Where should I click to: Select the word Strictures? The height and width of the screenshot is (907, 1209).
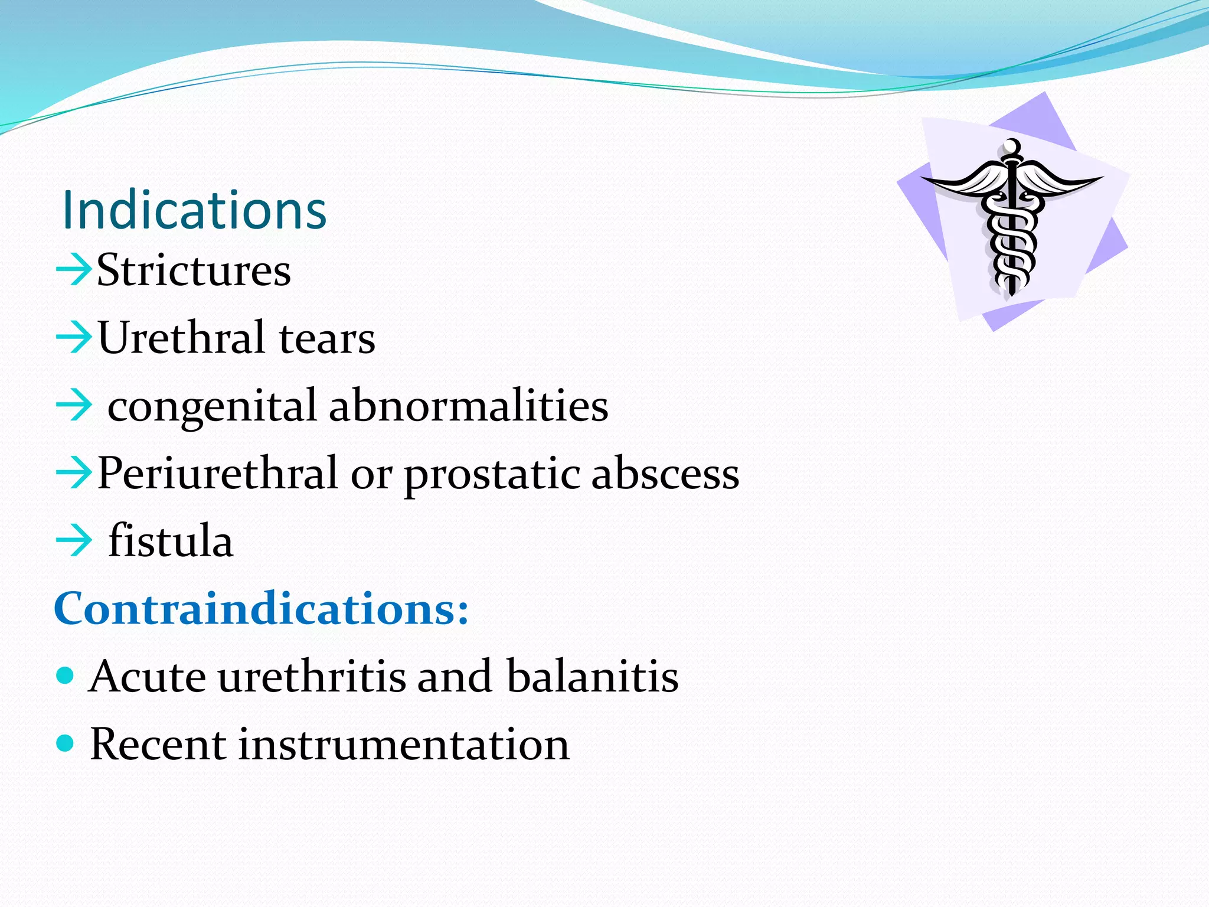194,270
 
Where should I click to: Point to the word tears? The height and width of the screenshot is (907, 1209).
327,339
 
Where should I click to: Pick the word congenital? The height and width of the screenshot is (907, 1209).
213,406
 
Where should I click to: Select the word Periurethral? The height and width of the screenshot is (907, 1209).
217,474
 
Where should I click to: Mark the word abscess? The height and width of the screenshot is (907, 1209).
665,474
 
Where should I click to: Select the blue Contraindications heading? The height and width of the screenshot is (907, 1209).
261,608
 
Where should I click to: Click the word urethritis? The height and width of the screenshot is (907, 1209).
312,676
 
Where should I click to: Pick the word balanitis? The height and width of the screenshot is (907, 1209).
592,676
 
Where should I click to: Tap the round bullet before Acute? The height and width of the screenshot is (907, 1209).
65,674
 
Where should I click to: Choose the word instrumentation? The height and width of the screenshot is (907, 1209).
404,744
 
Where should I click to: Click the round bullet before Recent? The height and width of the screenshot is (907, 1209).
65,742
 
